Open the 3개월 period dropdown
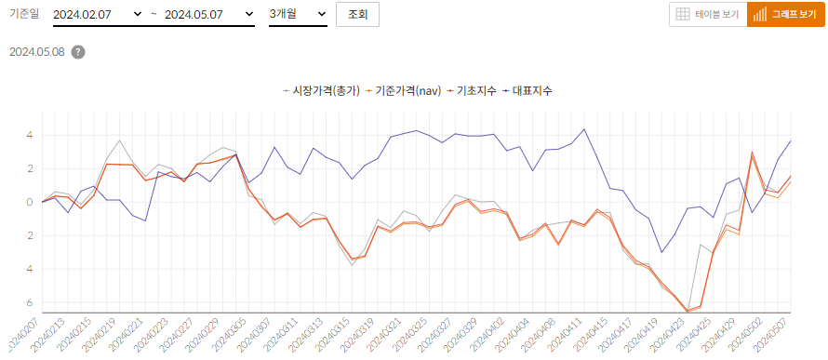click(297, 15)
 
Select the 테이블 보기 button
click(707, 15)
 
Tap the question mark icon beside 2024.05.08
click(78, 52)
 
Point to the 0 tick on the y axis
click(30, 202)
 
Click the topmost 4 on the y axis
click(30, 135)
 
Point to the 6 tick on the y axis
click(30, 303)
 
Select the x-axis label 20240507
click(773, 333)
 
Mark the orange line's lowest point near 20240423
click(688, 312)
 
